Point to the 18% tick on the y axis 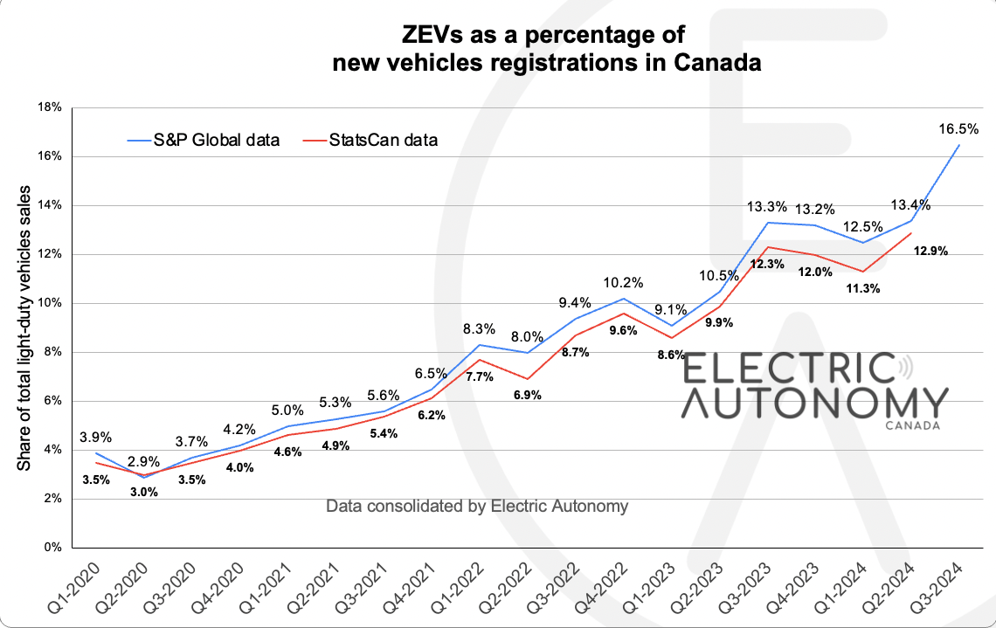point(49,107)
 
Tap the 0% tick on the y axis point(52,548)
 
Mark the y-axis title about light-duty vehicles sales point(24,328)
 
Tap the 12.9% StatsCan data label point(930,252)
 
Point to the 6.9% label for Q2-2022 point(527,395)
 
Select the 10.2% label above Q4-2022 point(623,282)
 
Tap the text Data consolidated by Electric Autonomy point(477,507)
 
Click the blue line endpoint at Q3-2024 point(959,145)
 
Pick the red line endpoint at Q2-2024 point(910,233)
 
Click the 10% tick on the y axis point(49,303)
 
